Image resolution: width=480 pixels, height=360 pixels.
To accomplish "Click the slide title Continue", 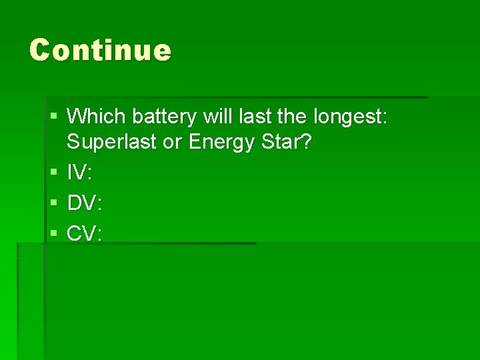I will click(x=100, y=50).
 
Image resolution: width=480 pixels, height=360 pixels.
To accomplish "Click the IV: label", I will click(x=80, y=173).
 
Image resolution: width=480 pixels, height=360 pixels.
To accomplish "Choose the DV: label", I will click(x=85, y=203).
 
